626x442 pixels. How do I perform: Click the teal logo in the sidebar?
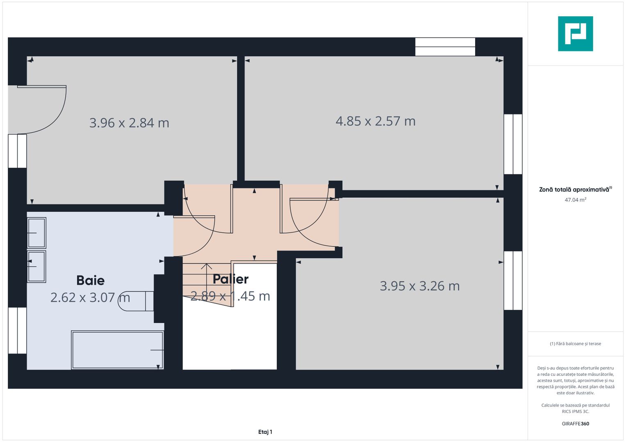click(575, 34)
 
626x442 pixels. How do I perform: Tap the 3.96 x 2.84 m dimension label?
click(129, 123)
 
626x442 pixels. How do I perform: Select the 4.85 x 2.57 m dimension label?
click(376, 121)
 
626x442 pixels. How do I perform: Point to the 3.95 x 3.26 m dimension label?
click(419, 286)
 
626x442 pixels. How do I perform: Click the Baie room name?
click(91, 280)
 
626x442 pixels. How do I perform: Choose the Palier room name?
click(230, 279)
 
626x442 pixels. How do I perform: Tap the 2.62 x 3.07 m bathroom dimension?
click(90, 297)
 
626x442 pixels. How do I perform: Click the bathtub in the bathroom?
click(118, 350)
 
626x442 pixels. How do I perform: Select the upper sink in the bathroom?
click(36, 233)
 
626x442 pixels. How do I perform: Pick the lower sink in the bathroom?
click(36, 266)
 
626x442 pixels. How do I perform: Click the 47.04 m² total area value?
click(575, 200)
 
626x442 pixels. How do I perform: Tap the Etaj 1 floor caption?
click(265, 432)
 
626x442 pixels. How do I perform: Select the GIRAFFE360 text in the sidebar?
click(575, 424)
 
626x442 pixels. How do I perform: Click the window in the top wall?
click(445, 47)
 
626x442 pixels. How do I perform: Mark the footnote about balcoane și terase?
click(575, 344)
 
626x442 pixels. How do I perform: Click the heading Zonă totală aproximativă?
click(575, 189)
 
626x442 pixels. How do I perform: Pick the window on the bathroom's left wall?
click(17, 330)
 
